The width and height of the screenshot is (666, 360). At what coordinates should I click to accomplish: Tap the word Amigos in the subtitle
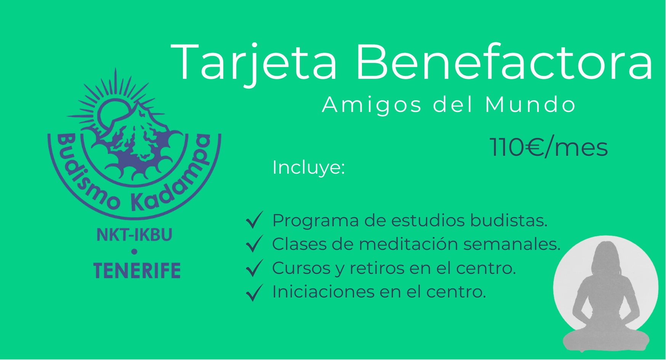(372, 105)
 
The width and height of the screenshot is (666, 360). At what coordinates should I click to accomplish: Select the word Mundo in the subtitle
(530, 105)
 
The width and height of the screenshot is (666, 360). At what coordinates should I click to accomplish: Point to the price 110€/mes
(549, 147)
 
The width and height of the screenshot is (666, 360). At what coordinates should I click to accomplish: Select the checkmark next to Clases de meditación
(255, 244)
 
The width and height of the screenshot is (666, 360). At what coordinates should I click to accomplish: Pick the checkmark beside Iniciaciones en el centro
(255, 293)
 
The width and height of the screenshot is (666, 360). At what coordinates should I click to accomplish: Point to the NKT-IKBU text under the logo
(134, 235)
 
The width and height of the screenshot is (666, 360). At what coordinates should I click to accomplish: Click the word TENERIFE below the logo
(137, 270)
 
